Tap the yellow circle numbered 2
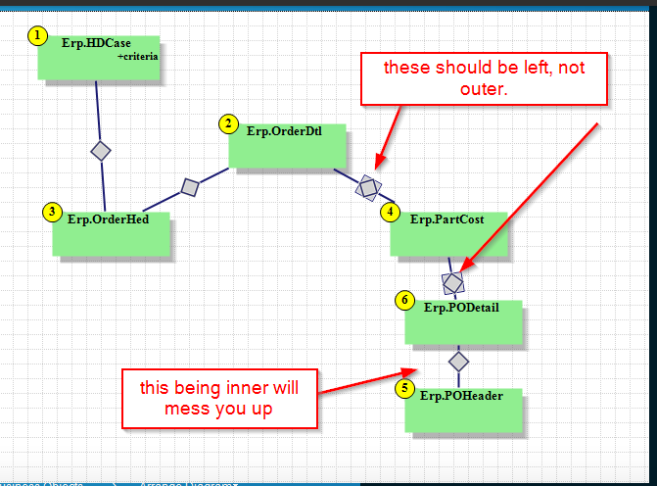(228, 123)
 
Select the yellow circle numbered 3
(53, 212)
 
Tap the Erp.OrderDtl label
(284, 130)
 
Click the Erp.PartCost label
(446, 219)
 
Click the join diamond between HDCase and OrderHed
(100, 151)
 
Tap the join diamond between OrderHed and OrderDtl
(190, 186)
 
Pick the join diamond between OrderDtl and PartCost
(368, 186)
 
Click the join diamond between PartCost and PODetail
(452, 283)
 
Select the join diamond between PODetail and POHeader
(458, 361)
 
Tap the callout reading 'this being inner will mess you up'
(219, 398)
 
